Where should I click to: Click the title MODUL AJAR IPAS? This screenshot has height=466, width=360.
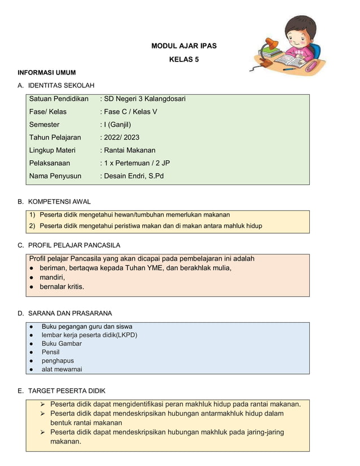pos(184,46)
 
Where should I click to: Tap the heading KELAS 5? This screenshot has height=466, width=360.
pos(184,59)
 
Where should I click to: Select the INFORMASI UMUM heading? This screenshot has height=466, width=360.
pos(47,73)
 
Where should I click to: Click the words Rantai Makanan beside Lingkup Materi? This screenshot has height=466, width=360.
pos(129,150)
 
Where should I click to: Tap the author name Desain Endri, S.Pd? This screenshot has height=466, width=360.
pos(134,176)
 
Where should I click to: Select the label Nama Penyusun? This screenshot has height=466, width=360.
pos(55,176)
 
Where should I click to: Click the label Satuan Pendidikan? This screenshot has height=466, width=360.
pos(59,99)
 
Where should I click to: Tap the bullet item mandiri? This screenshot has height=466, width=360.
pos(52,277)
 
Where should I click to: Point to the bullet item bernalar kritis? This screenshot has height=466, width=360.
pos(62,287)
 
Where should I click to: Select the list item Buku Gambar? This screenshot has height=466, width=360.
pos(62,344)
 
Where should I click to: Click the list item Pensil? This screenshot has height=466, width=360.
pos(51,352)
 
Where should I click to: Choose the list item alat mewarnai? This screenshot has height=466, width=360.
pos(62,370)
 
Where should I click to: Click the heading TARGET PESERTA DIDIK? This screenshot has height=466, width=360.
pos(67,391)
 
